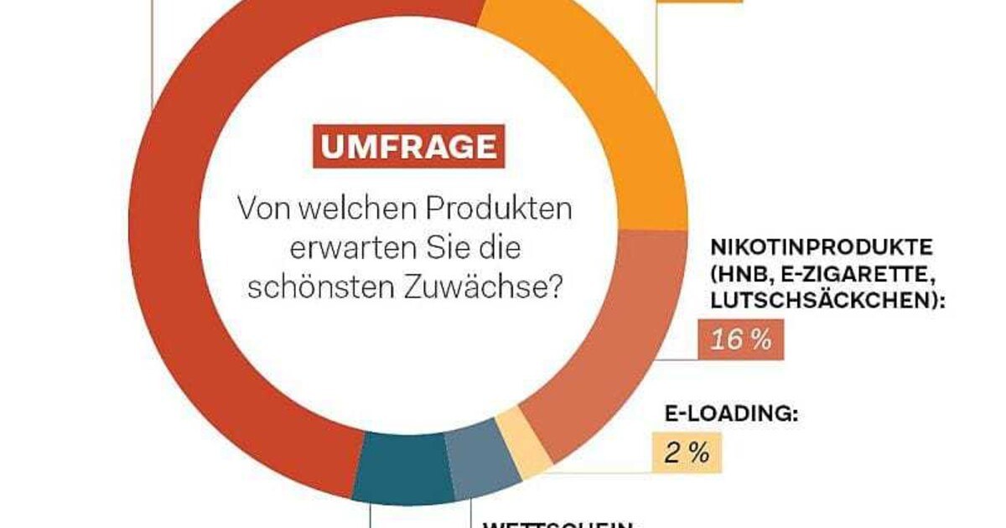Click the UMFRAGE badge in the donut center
(x=409, y=148)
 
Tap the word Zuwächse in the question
(x=490, y=289)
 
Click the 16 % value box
(x=741, y=340)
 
